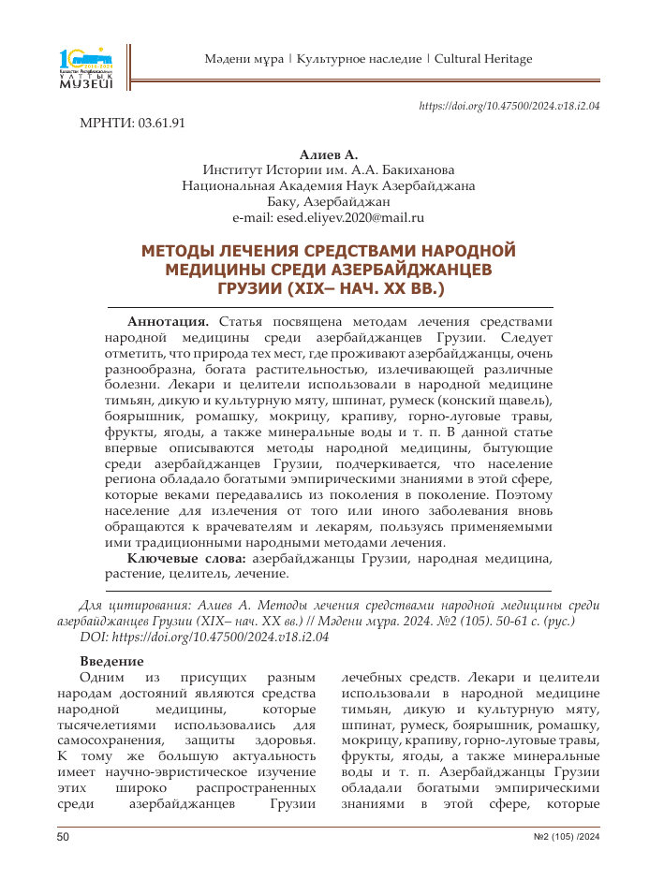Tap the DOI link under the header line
pos(509,106)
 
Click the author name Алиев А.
pos(328,154)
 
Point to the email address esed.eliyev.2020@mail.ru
pos(328,217)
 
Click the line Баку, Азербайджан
pos(328,201)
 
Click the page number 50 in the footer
pos(64,837)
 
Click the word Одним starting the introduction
pos(101,677)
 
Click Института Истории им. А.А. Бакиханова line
pos(328,169)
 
